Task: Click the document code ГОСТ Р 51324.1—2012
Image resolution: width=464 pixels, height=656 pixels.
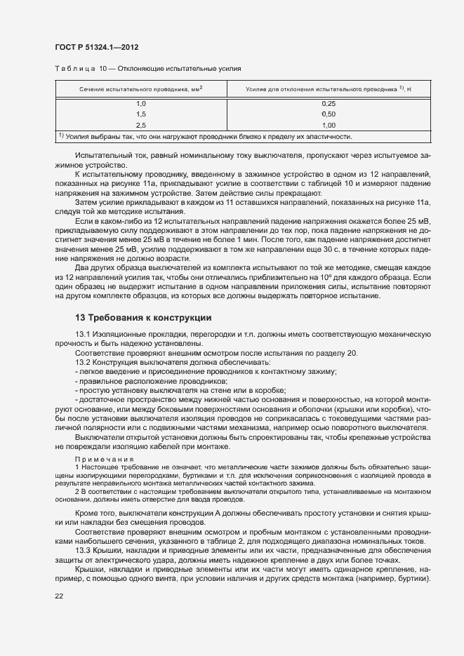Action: click(x=95, y=48)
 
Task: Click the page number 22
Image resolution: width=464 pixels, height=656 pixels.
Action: click(x=59, y=596)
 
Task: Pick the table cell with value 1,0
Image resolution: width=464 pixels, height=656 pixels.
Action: click(x=140, y=103)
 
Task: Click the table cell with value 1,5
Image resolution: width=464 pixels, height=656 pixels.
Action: click(x=140, y=114)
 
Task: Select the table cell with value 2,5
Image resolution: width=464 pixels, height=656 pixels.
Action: click(x=140, y=124)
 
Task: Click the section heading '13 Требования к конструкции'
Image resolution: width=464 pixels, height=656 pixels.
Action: click(x=143, y=316)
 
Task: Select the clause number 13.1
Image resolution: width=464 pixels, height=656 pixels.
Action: click(x=83, y=334)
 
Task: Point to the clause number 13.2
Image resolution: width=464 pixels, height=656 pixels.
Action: click(x=83, y=361)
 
